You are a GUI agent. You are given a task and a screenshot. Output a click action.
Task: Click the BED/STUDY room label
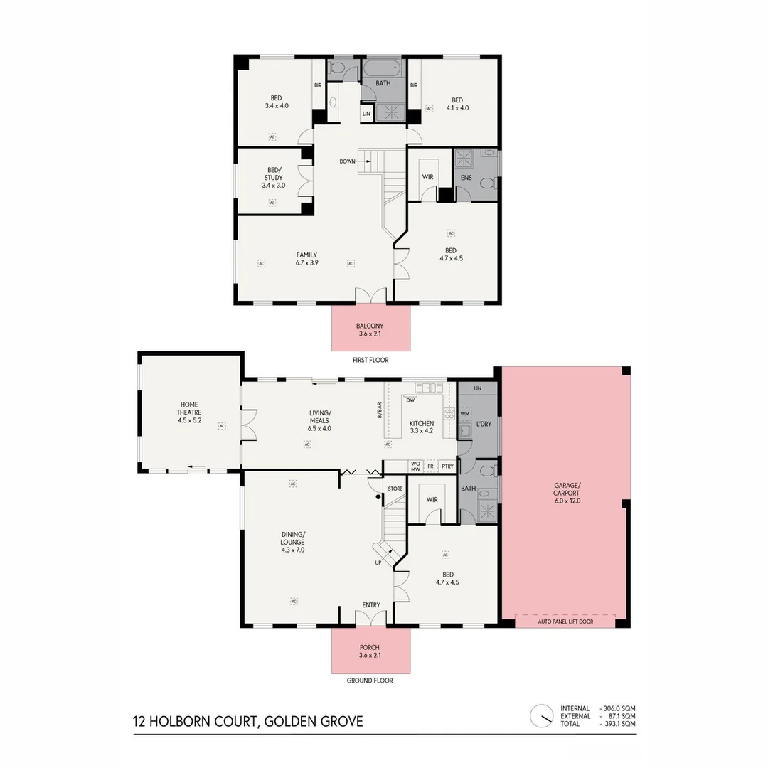click(x=273, y=181)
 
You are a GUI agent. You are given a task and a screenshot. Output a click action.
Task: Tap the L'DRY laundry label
click(x=484, y=425)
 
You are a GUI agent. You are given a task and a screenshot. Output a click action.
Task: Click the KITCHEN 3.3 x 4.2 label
click(x=421, y=427)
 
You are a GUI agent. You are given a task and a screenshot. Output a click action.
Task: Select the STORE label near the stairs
click(x=395, y=489)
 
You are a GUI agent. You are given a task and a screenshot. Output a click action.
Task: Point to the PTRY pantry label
click(x=447, y=466)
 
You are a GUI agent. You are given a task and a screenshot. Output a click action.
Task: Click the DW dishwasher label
click(x=410, y=400)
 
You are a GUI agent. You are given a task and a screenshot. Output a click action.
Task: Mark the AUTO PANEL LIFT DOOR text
click(x=565, y=621)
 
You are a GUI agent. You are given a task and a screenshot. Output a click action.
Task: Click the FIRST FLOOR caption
click(x=370, y=360)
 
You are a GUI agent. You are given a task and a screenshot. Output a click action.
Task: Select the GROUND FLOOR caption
click(x=370, y=681)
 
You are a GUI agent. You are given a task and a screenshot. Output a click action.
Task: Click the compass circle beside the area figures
click(x=542, y=715)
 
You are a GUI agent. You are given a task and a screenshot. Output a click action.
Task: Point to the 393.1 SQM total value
click(x=618, y=723)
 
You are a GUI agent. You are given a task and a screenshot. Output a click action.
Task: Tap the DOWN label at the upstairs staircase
click(x=347, y=161)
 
